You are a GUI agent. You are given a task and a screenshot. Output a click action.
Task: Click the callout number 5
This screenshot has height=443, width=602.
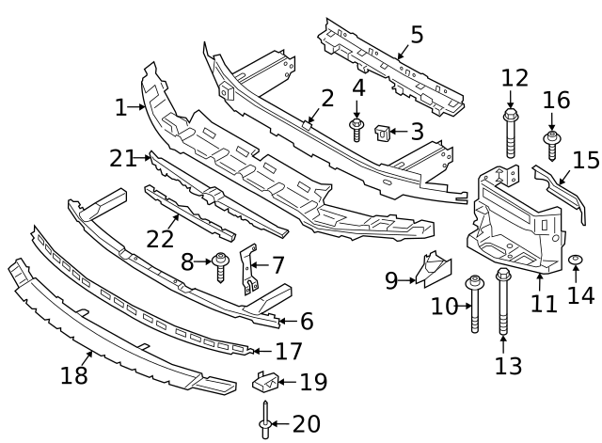[416, 35]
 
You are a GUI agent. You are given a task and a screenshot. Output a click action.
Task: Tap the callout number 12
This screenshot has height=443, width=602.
[515, 77]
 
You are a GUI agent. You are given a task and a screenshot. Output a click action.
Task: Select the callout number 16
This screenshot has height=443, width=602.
[556, 100]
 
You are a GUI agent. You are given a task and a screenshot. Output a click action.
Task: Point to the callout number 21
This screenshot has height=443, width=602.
[123, 158]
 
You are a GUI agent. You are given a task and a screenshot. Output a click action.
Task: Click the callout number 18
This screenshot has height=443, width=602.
[73, 376]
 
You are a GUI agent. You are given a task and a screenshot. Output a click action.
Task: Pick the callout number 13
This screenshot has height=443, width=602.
[508, 365]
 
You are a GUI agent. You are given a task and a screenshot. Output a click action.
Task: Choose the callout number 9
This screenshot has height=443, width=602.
[392, 279]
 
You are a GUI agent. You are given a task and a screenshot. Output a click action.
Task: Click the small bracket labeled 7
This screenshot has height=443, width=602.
[249, 269]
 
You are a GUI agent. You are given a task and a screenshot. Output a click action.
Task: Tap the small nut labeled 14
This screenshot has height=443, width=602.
[575, 262]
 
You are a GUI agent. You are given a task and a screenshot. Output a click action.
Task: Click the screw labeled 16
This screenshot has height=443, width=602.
[552, 146]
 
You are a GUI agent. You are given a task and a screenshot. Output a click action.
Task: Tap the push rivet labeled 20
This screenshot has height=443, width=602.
[266, 424]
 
